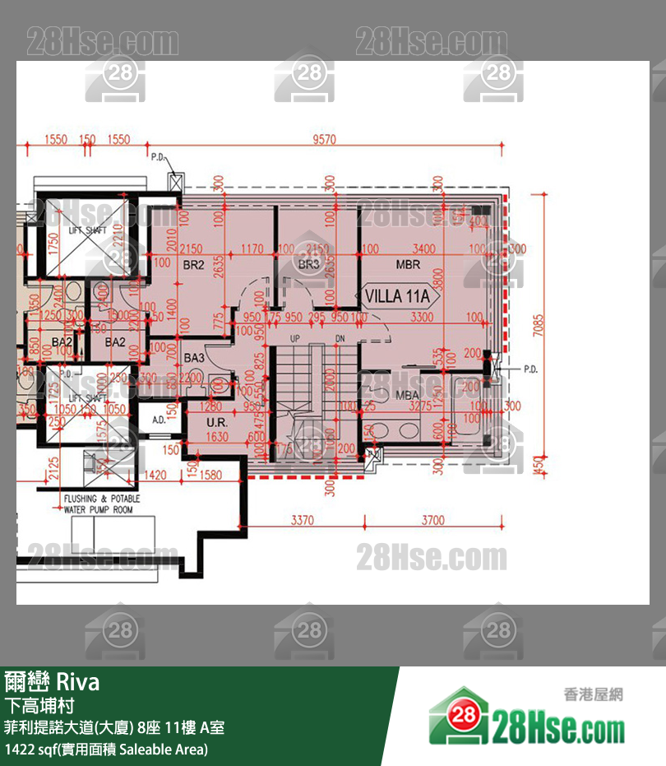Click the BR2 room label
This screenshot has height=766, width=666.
coord(193,265)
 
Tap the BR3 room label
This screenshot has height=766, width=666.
coord(309,265)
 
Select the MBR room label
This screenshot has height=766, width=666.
coord(408,265)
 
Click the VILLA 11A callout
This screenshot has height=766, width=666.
coord(398,296)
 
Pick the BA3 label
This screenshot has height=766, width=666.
coord(194,359)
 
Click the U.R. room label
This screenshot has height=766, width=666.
coord(195,423)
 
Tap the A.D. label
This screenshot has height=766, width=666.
coord(160,420)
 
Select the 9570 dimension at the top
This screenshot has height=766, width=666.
coord(325,140)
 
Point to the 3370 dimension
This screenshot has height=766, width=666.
coord(303,520)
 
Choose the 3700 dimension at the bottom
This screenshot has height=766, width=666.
coord(433,520)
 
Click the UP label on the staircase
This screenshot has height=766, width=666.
coord(295,339)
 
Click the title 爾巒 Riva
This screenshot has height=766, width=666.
coord(52,682)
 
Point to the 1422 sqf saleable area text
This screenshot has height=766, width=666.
coord(106,750)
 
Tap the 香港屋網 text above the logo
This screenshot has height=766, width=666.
coord(593,694)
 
